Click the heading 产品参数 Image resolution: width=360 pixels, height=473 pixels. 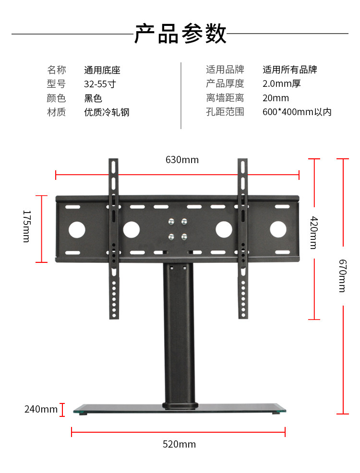[180, 34]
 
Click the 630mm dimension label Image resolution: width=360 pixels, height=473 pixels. [182, 160]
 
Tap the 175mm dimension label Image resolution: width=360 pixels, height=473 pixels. [27, 226]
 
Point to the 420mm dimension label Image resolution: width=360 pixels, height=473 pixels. [313, 232]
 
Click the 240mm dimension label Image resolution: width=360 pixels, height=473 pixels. [41, 409]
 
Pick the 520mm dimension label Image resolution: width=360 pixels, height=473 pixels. [179, 444]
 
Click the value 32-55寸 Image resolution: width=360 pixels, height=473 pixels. [100, 84]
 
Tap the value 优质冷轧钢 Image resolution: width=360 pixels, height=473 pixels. [107, 112]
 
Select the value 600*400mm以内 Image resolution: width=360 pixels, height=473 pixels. [297, 112]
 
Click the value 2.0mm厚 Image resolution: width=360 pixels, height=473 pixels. [281, 84]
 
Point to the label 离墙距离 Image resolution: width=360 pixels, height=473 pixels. [225, 98]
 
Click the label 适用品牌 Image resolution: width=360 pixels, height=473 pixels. [225, 70]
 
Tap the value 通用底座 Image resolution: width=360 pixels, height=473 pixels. [102, 70]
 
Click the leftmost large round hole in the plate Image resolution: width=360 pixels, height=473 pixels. [77, 230]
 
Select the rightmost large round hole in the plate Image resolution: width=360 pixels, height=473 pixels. [278, 230]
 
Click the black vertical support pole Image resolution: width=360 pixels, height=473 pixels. [180, 336]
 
